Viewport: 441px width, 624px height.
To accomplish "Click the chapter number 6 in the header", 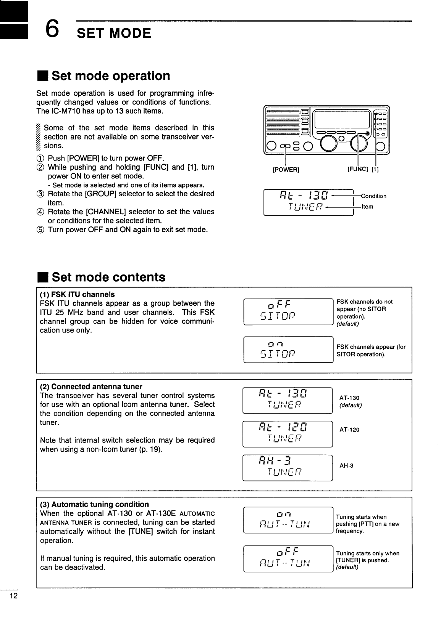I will coord(52,29).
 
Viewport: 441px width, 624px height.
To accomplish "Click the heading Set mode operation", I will coord(110,76).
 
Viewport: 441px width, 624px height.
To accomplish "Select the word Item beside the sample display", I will coord(367,207).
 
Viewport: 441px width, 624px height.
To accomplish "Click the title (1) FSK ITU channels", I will coord(77,294).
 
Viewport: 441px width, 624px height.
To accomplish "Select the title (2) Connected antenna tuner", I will coord(91,387).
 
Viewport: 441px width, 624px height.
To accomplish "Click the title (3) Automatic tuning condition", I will coord(94,504).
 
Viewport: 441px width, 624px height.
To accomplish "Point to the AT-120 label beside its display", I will coord(349,430).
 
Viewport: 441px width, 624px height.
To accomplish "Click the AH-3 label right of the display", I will coord(346,465).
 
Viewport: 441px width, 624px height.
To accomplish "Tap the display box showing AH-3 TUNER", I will coord(288,467).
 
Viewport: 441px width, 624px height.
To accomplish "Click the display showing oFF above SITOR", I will coord(288,312).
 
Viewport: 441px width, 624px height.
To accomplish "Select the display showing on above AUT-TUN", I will coord(288,520).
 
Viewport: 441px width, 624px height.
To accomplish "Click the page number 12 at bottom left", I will coord(14,597).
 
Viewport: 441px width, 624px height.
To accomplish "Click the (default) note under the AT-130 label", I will coord(351,405).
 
